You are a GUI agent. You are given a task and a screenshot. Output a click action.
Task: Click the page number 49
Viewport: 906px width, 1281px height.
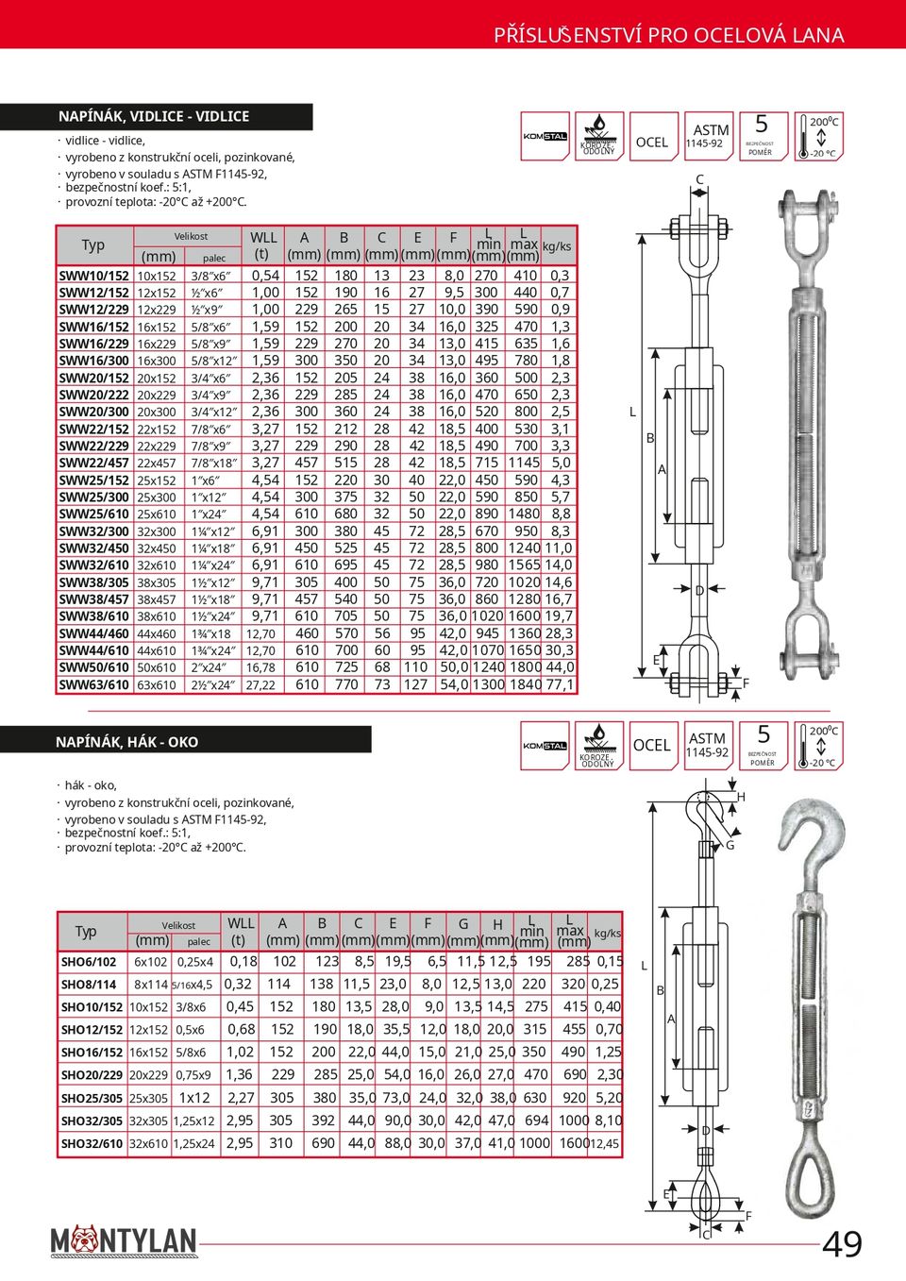click(x=842, y=1244)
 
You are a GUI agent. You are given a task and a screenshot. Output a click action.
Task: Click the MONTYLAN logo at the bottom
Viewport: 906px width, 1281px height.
click(x=124, y=1241)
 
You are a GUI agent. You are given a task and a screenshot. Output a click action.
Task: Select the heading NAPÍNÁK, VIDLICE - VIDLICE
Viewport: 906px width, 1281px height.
click(x=154, y=116)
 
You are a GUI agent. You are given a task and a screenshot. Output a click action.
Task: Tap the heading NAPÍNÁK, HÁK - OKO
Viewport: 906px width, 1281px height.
click(x=126, y=742)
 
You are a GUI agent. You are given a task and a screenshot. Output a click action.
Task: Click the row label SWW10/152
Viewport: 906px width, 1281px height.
click(x=94, y=276)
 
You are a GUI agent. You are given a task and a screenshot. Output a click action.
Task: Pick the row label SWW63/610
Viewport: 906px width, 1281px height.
click(x=94, y=684)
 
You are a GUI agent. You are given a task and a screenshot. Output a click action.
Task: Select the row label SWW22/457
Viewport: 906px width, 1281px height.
click(x=94, y=463)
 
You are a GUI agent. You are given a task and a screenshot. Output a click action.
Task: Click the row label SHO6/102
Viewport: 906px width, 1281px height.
click(x=89, y=962)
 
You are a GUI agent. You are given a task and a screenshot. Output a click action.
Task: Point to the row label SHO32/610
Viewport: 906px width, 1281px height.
click(x=92, y=1143)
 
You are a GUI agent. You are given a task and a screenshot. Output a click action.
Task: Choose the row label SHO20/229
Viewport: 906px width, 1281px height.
click(x=92, y=1074)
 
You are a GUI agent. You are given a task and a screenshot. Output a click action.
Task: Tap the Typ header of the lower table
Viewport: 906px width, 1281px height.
click(x=86, y=932)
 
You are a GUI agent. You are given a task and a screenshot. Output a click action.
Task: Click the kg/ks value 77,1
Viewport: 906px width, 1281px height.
click(x=560, y=684)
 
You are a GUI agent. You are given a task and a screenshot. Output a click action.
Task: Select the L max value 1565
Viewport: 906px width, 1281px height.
click(x=524, y=565)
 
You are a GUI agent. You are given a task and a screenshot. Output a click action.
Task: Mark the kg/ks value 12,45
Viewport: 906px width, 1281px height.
click(x=605, y=1143)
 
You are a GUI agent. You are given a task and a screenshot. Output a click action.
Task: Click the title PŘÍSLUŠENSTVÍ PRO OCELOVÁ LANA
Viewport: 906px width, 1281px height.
click(x=668, y=35)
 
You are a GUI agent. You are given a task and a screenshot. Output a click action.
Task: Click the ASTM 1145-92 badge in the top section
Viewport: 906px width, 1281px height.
click(x=710, y=136)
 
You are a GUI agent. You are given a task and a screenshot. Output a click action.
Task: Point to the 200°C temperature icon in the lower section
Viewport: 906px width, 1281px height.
click(x=816, y=745)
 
